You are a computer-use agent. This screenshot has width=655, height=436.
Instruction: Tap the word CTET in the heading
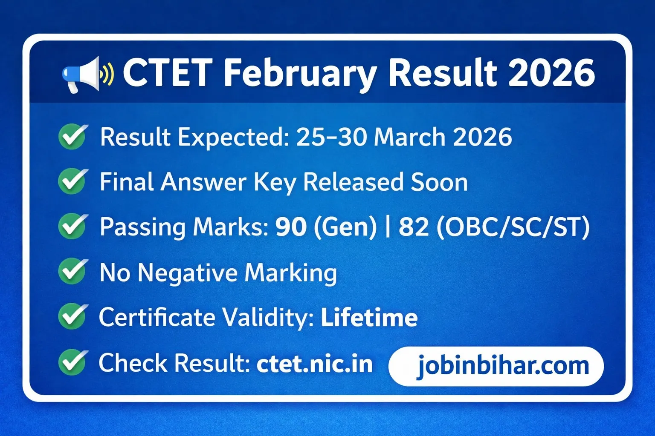[168, 73]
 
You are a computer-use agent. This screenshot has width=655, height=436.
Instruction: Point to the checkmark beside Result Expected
[73, 137]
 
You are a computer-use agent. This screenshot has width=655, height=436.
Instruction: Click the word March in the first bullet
[409, 137]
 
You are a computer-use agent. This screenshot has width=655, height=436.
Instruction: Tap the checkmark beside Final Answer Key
[73, 181]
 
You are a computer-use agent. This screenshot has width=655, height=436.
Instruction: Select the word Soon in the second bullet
[439, 182]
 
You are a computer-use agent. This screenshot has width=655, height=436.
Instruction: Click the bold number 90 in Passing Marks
[291, 227]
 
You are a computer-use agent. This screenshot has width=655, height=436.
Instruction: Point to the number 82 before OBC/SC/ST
[414, 227]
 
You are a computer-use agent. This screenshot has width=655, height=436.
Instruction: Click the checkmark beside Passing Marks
[73, 226]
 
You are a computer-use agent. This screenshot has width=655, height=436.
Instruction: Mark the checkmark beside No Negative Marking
[73, 271]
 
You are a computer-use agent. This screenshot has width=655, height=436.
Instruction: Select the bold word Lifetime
[369, 318]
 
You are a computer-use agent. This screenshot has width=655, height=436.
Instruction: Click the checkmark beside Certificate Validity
[73, 316]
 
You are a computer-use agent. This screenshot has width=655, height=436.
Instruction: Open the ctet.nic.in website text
[315, 364]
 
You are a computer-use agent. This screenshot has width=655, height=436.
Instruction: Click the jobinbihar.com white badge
[496, 366]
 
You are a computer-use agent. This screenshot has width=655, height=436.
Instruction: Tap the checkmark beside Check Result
[73, 362]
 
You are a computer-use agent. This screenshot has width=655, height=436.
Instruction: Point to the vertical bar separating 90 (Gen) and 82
[388, 227]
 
